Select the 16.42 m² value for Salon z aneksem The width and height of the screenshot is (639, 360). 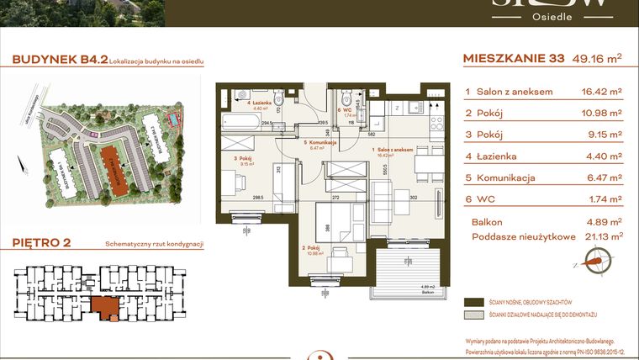tap(601, 91)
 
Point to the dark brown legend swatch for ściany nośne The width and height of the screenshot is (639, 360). tap(476, 301)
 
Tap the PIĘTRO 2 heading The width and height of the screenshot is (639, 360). tap(42, 244)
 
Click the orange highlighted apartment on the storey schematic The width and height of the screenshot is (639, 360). tap(105, 309)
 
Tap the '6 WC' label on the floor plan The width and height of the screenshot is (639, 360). tap(344, 109)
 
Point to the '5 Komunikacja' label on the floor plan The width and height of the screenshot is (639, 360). tap(319, 143)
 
